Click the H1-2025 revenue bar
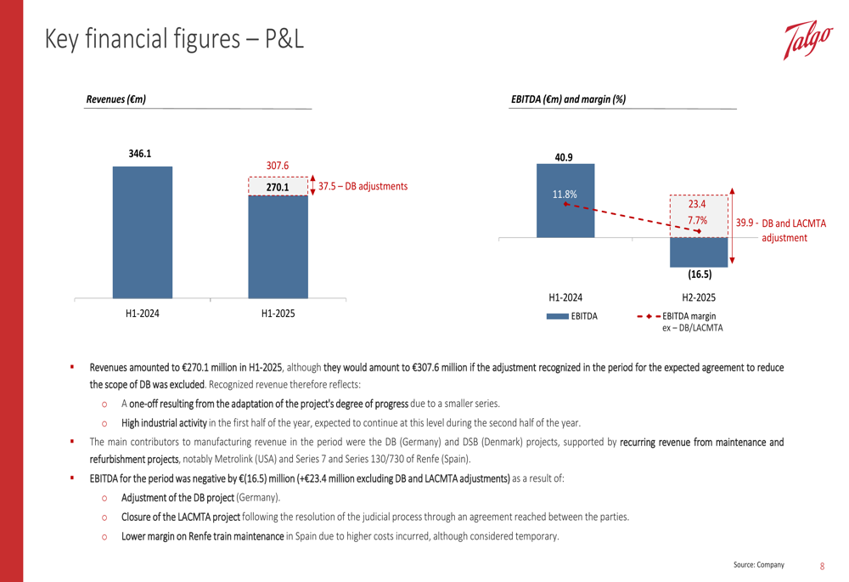[x=278, y=246]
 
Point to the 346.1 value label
[x=140, y=154]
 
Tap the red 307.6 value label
[x=278, y=166]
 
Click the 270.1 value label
[x=278, y=187]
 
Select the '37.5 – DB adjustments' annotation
[x=363, y=186]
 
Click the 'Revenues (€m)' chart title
[x=116, y=99]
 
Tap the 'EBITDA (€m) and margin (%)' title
[x=568, y=99]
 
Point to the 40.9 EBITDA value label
[x=563, y=157]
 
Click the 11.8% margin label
[x=565, y=195]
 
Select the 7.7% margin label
[x=698, y=221]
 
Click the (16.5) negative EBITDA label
[x=699, y=275]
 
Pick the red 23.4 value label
[x=698, y=205]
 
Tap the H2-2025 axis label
[x=699, y=297]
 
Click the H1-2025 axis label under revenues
[x=278, y=314]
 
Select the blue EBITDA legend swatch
[x=558, y=316]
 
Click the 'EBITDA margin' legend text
[x=691, y=316]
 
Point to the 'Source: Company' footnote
[x=759, y=565]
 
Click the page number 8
[x=822, y=565]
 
